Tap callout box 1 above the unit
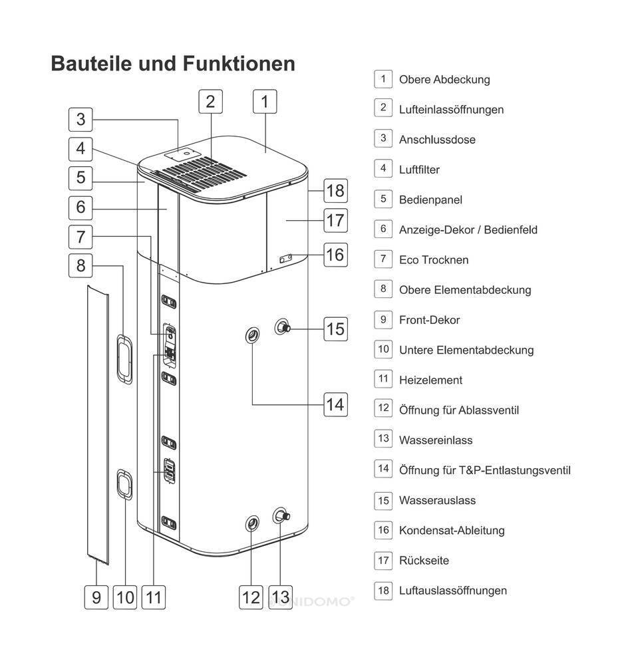(x=265, y=102)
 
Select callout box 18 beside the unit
(x=335, y=191)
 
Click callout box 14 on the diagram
(x=335, y=404)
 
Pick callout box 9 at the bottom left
(x=96, y=597)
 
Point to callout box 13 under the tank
(x=281, y=597)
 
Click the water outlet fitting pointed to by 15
(x=283, y=327)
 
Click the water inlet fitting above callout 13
(x=281, y=516)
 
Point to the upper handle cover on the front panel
(x=123, y=359)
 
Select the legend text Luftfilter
(x=419, y=170)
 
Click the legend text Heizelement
(x=430, y=380)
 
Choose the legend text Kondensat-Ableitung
(x=451, y=530)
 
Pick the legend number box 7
(x=383, y=259)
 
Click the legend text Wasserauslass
(x=437, y=500)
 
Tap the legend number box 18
(x=383, y=590)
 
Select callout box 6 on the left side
(x=80, y=207)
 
